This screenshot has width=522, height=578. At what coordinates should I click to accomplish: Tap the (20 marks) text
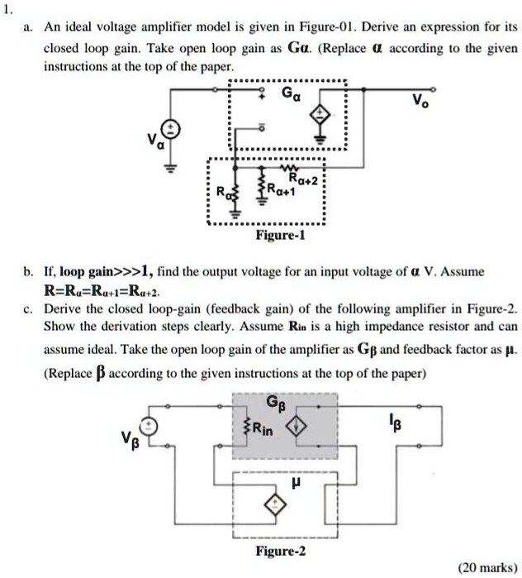pyautogui.click(x=488, y=567)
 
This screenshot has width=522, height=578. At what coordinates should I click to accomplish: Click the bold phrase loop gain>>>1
pyautogui.click(x=103, y=271)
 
